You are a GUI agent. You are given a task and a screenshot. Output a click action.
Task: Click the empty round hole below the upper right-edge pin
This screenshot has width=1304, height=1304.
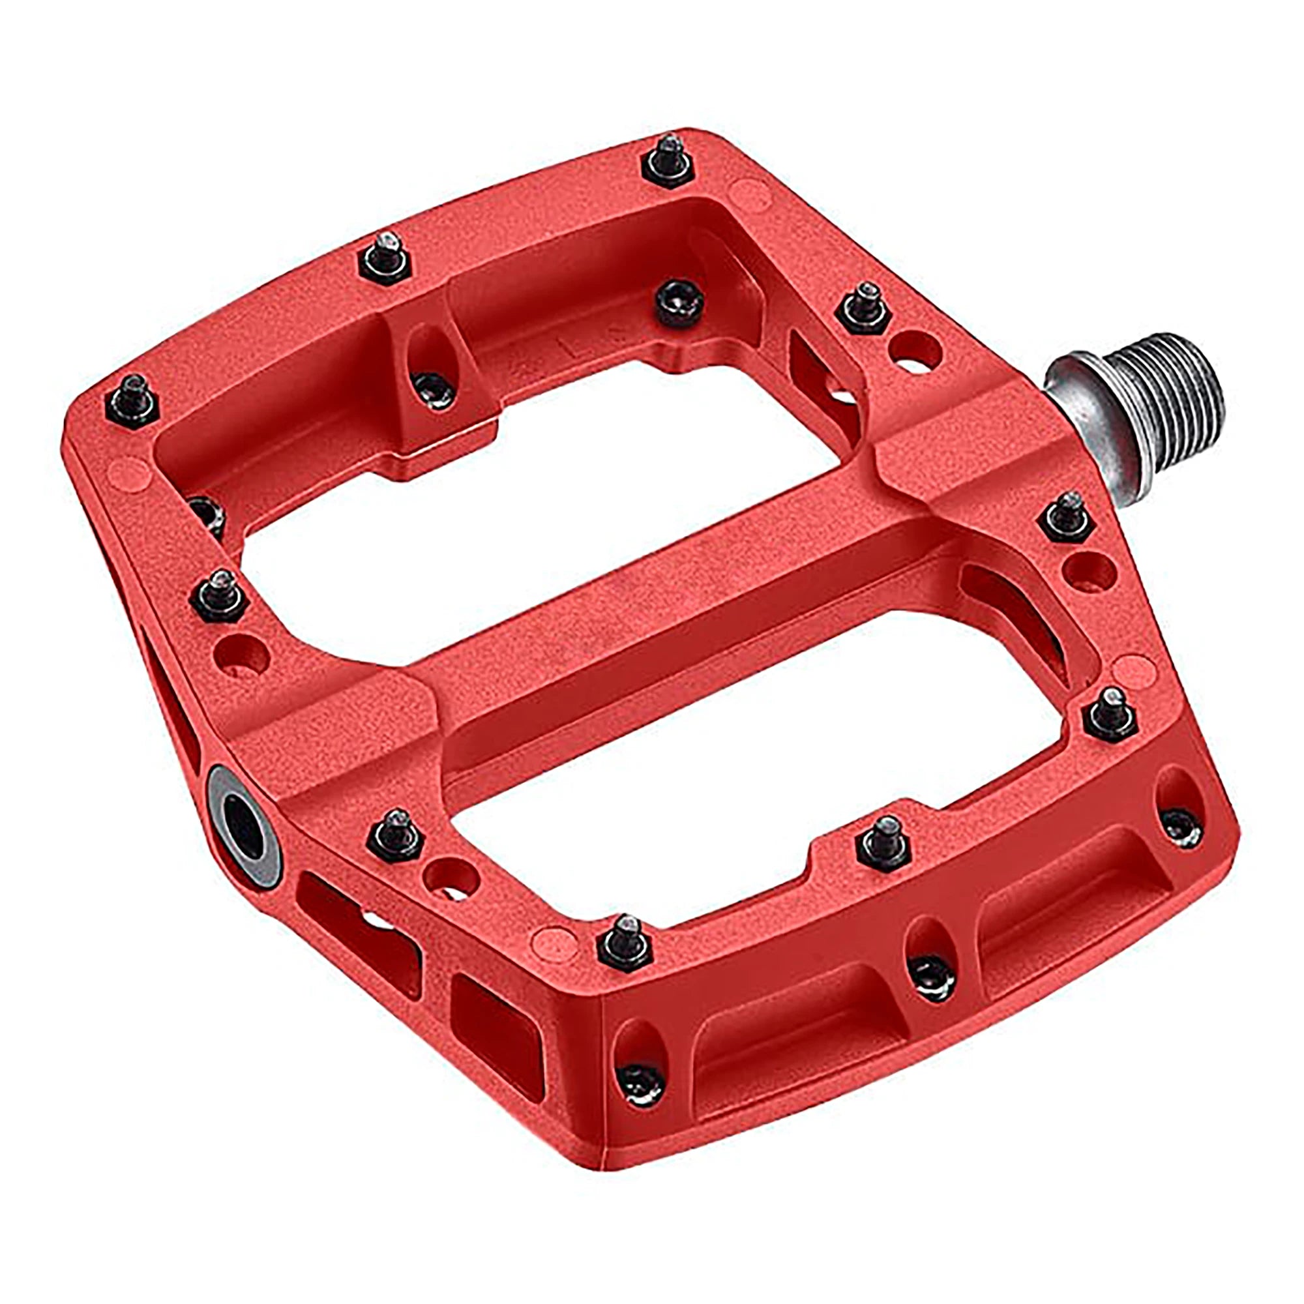point(1088,570)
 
